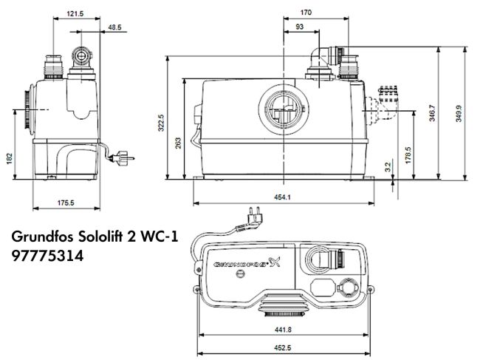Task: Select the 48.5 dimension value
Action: click(114, 27)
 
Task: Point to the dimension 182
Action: click(10, 159)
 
